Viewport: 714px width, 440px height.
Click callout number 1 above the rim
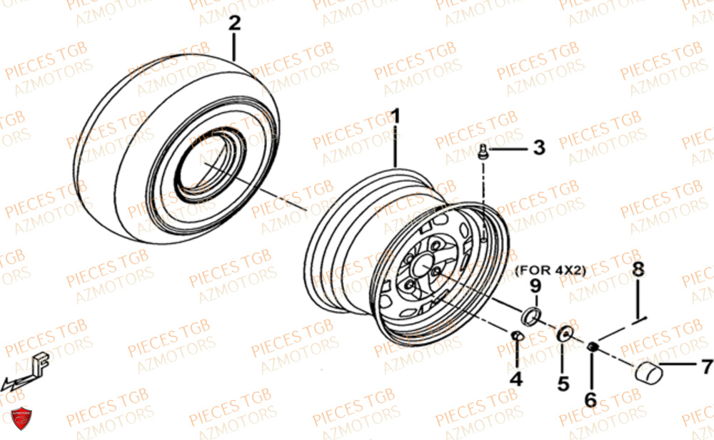click(395, 116)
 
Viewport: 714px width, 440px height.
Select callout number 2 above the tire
click(234, 24)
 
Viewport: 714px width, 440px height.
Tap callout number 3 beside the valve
click(538, 148)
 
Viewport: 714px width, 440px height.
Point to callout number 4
click(516, 379)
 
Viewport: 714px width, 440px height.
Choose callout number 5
click(563, 384)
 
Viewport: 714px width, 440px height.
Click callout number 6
click(590, 399)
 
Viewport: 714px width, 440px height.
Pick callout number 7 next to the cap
click(706, 367)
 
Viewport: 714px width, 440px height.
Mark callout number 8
click(638, 270)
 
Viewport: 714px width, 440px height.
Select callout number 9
click(535, 286)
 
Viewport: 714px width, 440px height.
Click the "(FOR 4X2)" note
click(550, 270)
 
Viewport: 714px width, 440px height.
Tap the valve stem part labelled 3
click(483, 151)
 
